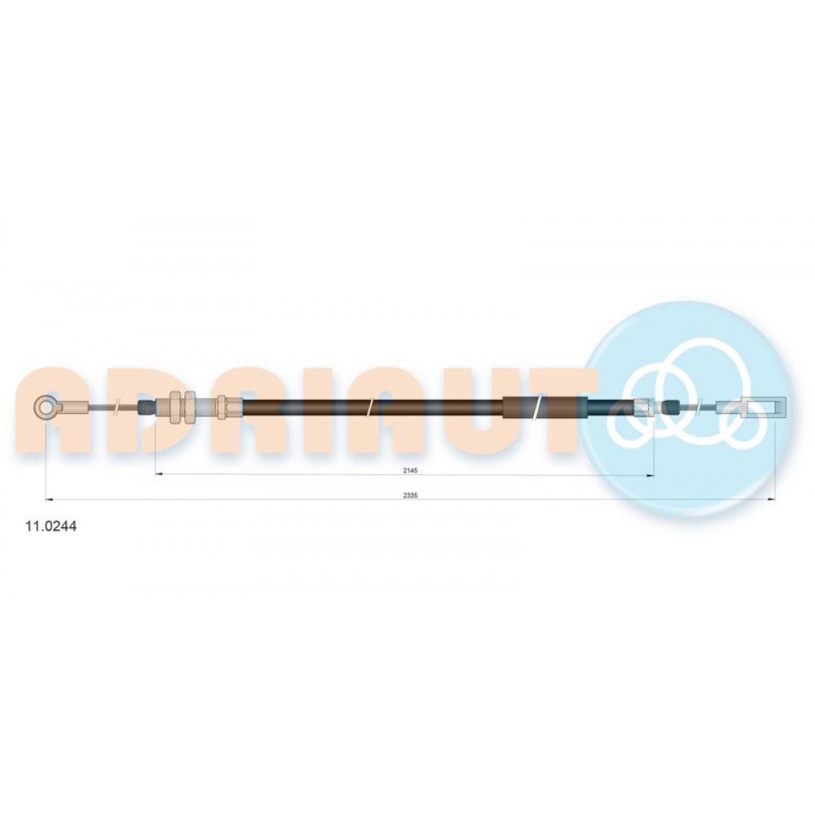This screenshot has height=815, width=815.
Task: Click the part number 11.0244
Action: pos(51,526)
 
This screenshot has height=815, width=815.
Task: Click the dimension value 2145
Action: pos(410,470)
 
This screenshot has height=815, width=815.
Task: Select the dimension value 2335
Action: pos(410,496)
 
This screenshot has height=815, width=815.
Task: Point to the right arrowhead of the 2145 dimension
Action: pos(650,476)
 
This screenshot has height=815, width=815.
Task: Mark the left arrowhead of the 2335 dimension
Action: pos(50,500)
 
